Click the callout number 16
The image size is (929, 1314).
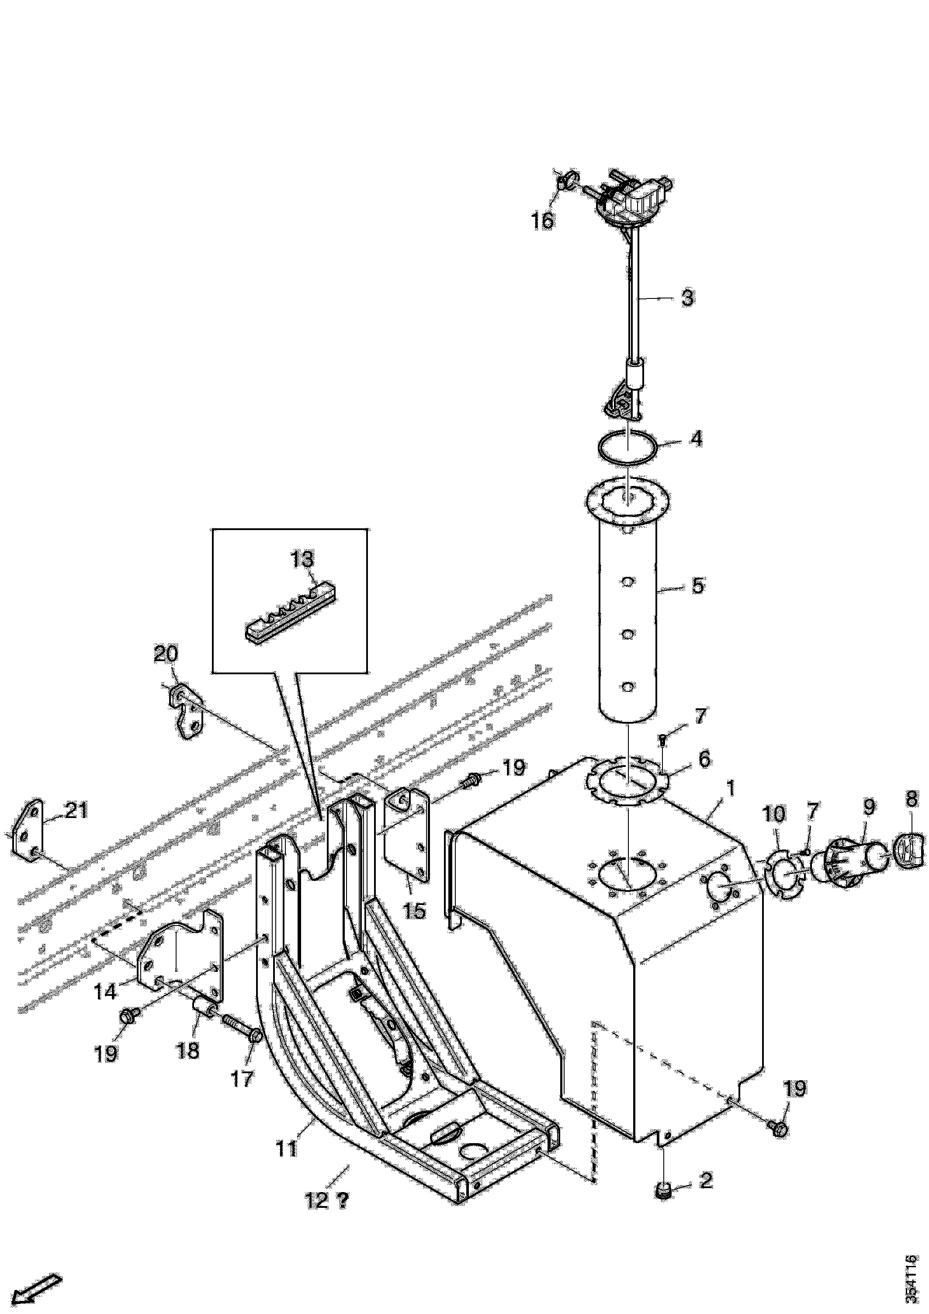coord(543,220)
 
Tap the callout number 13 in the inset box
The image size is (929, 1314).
coord(303,560)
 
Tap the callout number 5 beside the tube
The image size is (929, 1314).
coord(698,586)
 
